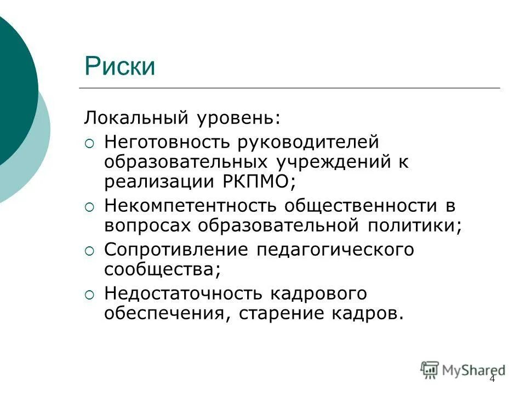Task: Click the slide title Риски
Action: pyautogui.click(x=120, y=66)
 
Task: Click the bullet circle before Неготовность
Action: pyautogui.click(x=90, y=143)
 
